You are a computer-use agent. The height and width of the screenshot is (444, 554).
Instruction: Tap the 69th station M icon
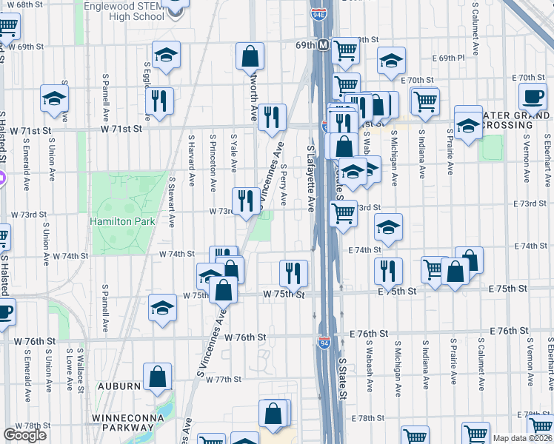(323, 46)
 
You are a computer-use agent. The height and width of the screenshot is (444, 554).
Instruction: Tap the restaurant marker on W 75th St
(293, 272)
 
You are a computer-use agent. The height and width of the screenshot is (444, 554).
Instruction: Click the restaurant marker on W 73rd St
(246, 199)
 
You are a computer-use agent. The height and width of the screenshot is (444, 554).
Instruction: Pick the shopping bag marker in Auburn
(157, 377)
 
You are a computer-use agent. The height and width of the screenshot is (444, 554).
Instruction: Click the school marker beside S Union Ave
(54, 99)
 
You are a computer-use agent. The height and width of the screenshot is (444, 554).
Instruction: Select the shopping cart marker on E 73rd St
(342, 212)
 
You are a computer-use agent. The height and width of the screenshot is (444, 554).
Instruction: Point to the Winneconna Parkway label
(124, 425)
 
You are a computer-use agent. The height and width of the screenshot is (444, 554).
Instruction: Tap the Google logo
(24, 435)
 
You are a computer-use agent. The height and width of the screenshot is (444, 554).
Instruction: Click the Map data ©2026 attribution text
(522, 438)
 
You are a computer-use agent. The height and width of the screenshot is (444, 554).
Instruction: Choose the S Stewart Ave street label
(172, 201)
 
